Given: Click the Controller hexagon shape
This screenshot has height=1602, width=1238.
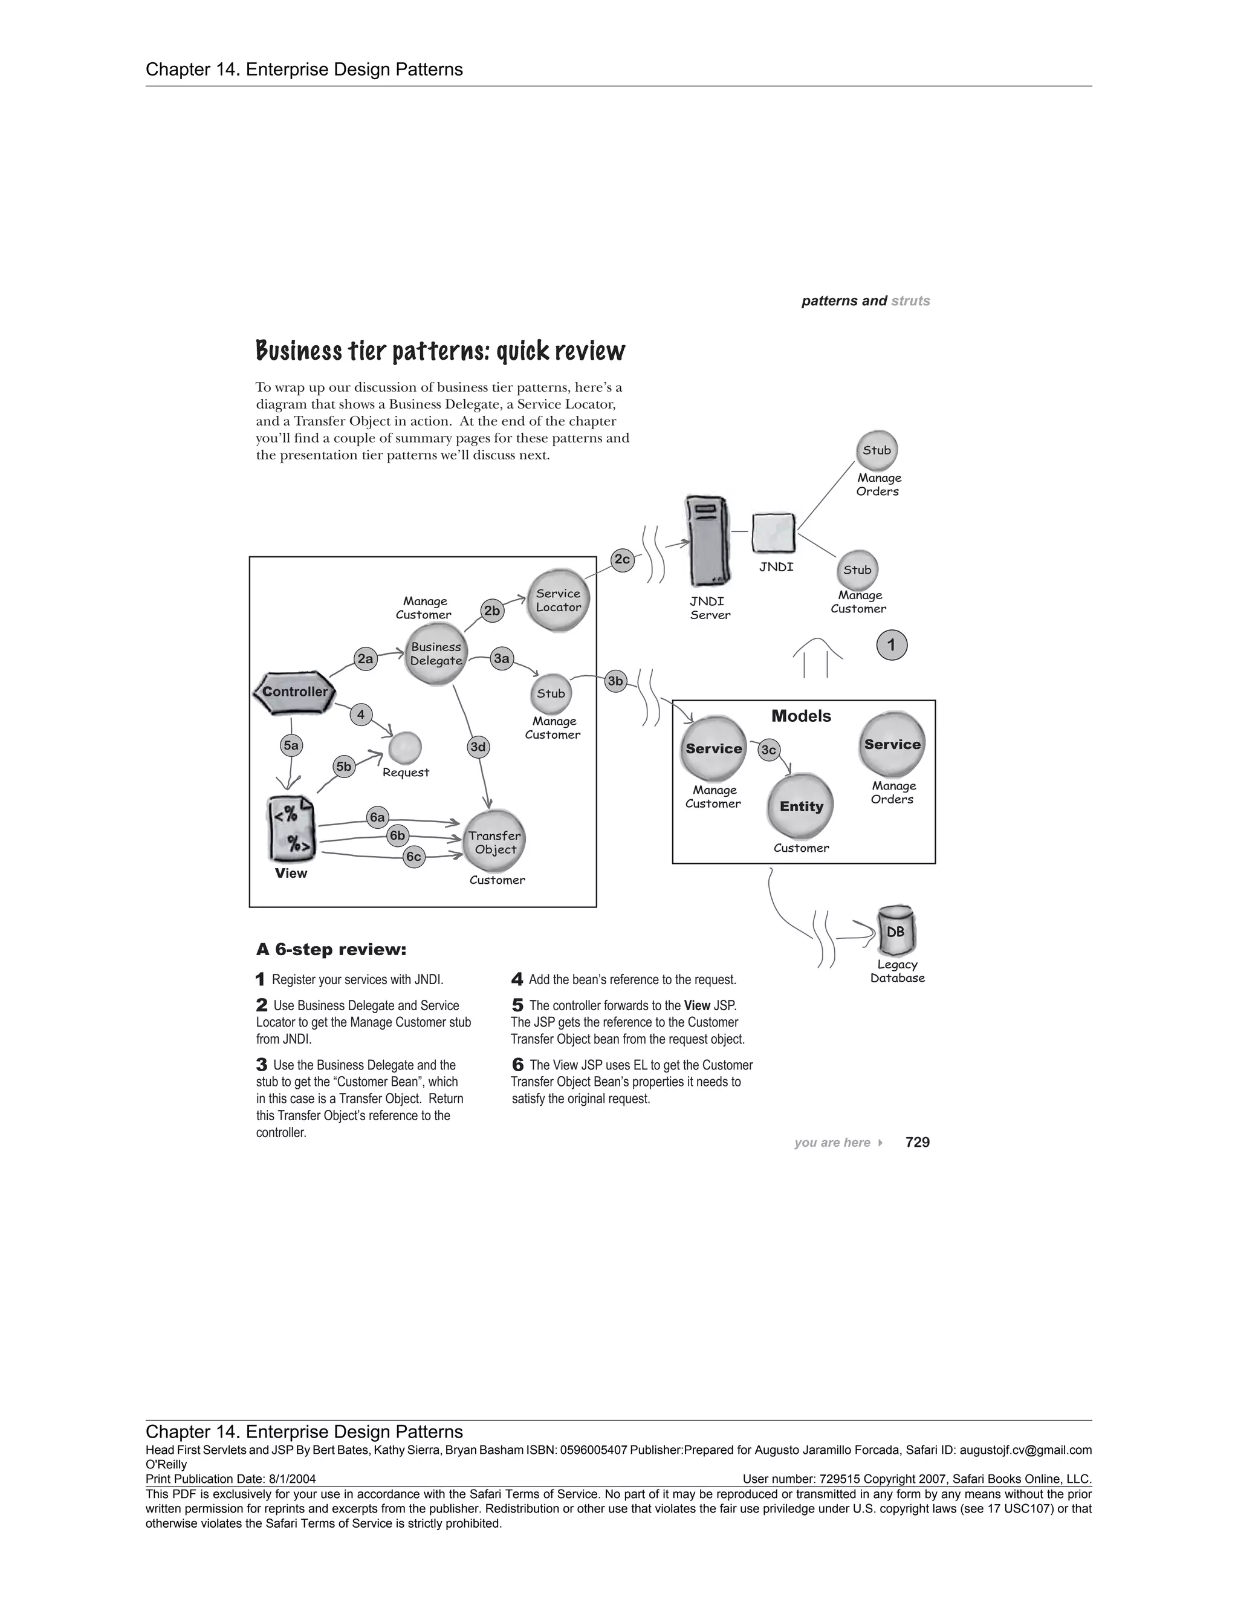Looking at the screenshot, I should pos(295,692).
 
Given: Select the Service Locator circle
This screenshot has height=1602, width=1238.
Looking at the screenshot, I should pos(558,601).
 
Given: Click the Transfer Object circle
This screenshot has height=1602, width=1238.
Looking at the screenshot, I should pos(495,843).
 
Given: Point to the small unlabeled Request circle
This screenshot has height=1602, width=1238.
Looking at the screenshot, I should pos(405,748).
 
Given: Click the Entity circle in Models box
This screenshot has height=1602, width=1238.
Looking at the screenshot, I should pos(801,806).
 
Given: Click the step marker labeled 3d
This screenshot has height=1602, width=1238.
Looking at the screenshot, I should pos(478,747).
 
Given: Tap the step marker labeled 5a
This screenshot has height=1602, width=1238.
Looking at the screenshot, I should pos(291,746).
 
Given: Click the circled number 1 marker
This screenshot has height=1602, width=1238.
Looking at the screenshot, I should pos(892,646).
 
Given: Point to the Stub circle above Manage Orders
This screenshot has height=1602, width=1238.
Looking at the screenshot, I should pos(877,450).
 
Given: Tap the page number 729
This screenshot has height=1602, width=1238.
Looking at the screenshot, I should pos(918,1142).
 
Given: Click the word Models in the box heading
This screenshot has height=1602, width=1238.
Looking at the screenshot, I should pos(801,716).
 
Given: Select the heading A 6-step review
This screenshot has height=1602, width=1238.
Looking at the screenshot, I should pos(331,950).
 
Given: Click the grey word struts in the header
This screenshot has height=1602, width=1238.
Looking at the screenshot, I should pos(910,300).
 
